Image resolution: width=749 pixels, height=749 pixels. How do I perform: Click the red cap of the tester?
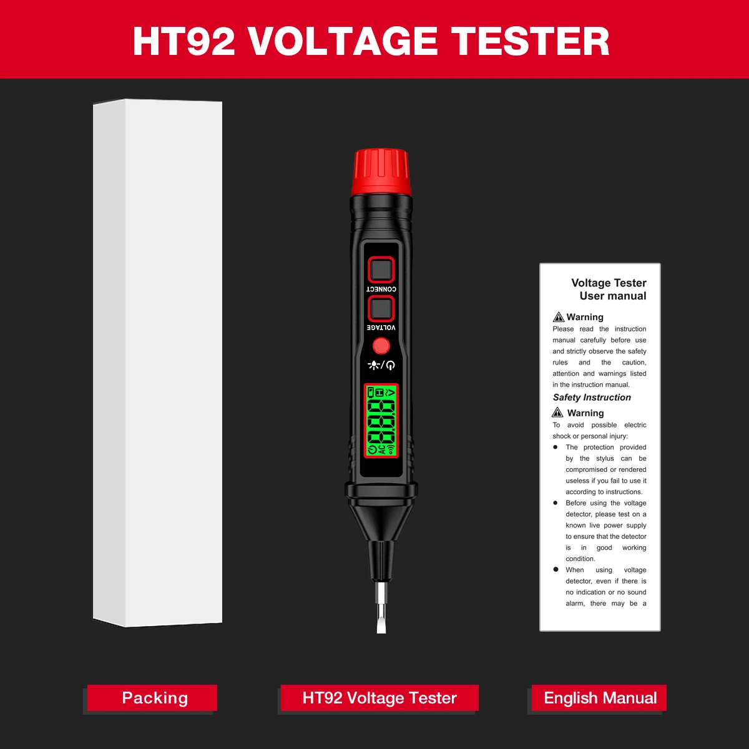point(381,172)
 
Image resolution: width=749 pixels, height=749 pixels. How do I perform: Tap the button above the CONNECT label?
point(381,270)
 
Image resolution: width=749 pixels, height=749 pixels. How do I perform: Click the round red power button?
point(381,346)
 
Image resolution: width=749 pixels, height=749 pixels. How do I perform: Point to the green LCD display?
point(381,421)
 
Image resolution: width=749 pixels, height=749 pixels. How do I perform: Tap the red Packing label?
point(152,698)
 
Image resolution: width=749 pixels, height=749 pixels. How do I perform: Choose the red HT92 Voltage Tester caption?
point(379,698)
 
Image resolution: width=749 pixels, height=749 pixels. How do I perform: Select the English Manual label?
point(599,698)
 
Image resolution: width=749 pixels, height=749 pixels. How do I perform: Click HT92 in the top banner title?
point(184,41)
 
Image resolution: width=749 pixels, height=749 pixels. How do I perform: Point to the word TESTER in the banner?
point(531,41)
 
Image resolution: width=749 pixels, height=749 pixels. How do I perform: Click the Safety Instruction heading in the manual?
point(592,397)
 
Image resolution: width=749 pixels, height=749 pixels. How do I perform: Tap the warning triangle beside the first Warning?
point(559,317)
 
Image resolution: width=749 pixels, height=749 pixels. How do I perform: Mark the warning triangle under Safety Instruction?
point(557,412)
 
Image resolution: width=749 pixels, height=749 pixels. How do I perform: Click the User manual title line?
point(612,296)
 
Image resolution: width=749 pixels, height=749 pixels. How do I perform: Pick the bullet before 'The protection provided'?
point(556,447)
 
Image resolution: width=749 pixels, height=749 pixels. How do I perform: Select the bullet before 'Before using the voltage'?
point(556,502)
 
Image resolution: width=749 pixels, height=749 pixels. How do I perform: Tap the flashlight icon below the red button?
point(373,365)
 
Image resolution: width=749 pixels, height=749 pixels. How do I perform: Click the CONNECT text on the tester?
point(381,289)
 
